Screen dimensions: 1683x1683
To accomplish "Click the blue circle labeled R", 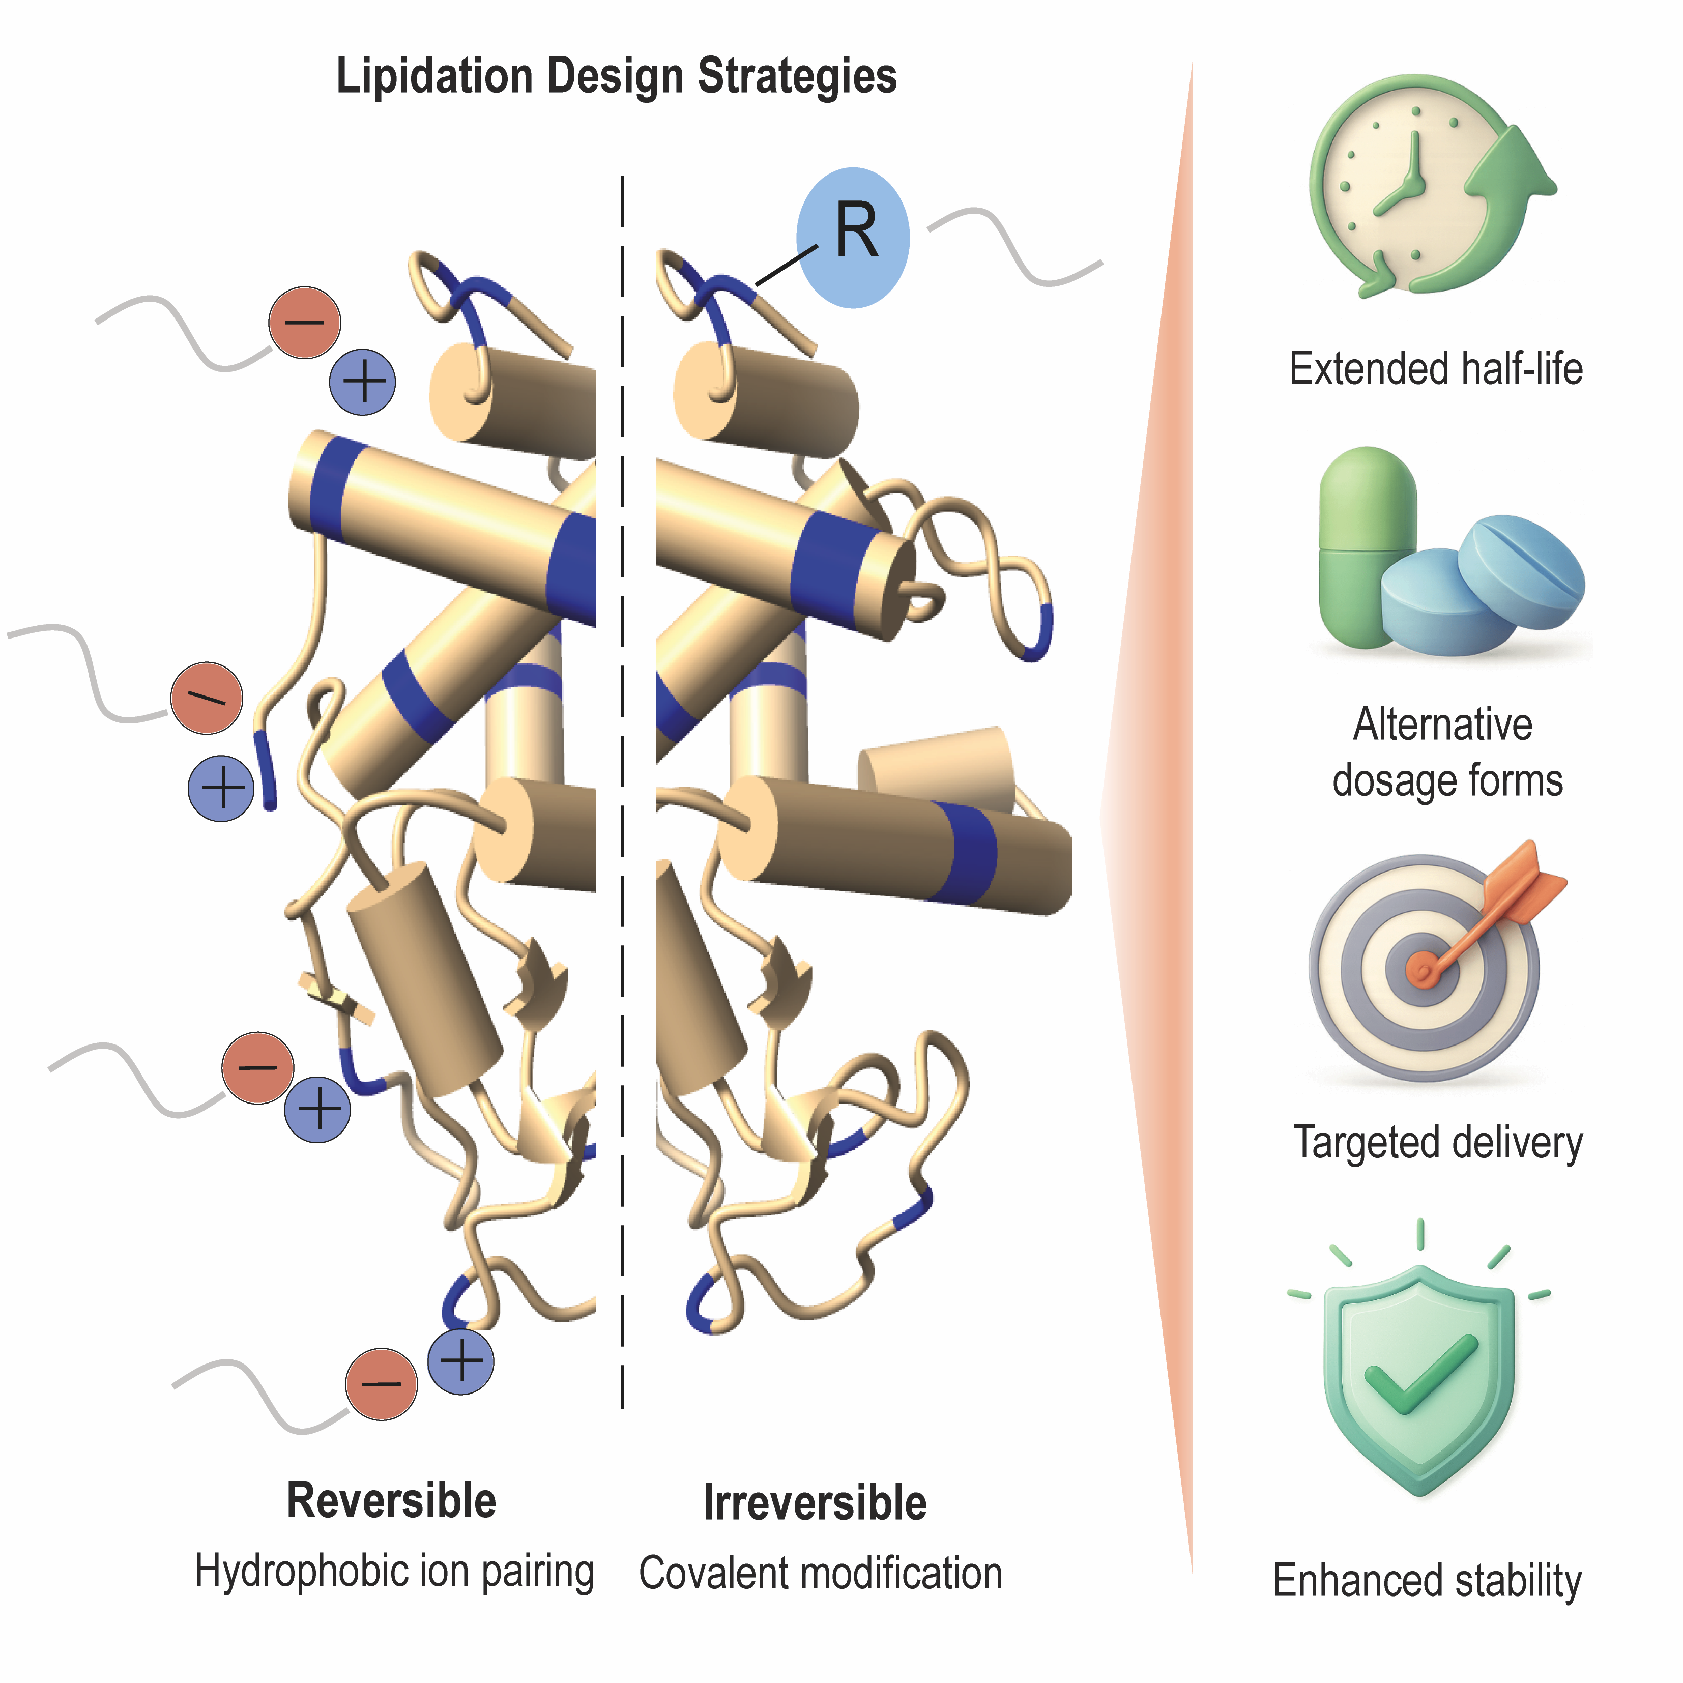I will [852, 238].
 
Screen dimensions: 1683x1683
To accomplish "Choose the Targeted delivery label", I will [1437, 1143].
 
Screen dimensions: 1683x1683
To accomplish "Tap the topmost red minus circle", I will [304, 323].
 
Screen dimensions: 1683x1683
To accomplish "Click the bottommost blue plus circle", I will [461, 1360].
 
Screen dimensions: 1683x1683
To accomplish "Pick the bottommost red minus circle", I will [381, 1383].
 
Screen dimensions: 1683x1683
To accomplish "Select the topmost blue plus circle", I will [362, 382].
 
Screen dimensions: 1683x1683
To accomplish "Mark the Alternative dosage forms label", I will [1446, 752].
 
